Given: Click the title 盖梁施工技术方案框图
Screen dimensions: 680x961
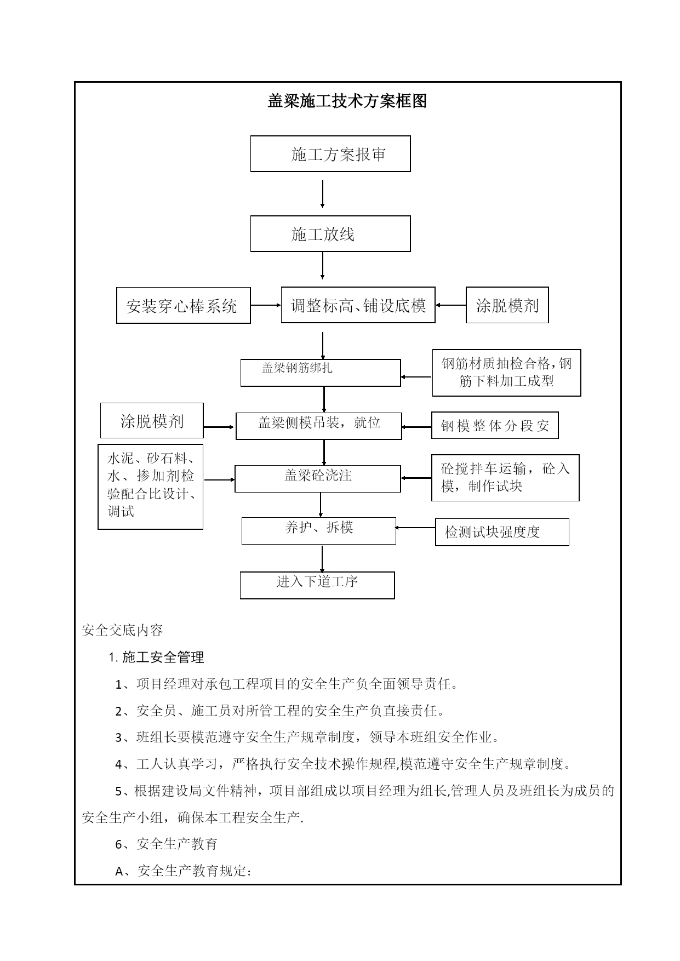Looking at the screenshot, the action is (347, 101).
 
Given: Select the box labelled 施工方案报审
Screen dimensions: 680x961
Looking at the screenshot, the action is (330, 154).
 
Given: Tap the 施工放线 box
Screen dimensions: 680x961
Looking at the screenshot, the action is (330, 234).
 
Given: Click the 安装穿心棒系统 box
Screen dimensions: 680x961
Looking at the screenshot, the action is (184, 305).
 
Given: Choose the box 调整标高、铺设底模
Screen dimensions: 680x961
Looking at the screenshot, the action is (358, 305).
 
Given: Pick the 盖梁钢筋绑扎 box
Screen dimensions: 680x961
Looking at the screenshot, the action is (321, 373).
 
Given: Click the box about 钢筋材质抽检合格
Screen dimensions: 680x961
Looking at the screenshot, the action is (506, 373).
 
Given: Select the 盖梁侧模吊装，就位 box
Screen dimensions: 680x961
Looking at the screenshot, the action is (319, 426).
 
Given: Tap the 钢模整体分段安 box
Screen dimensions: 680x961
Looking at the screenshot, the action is (495, 426).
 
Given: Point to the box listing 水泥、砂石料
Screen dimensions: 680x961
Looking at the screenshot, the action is (151, 487).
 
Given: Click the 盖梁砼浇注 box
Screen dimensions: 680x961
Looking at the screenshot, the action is (318, 479).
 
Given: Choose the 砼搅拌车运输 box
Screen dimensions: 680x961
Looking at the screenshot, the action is (505, 478).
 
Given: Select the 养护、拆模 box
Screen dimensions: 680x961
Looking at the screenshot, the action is (319, 531).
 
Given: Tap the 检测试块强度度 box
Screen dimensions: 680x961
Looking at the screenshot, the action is (502, 532).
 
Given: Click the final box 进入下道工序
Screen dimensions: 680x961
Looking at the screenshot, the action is (317, 586).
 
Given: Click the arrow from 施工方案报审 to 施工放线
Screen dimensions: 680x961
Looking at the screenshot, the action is (322, 195).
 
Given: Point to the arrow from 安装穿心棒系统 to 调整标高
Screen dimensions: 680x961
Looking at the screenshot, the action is (266, 306).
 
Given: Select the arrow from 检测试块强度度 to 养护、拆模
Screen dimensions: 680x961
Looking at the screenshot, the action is (415, 528).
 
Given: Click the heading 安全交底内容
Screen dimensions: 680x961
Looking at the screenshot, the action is (122, 631).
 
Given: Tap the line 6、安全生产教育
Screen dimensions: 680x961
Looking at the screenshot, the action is (167, 844).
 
